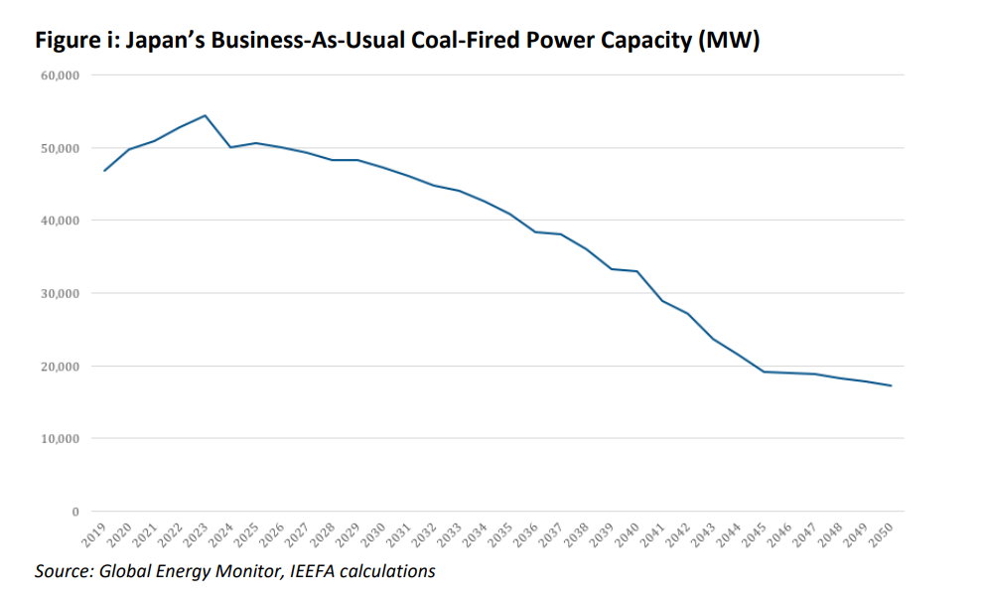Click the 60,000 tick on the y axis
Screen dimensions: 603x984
[x=63, y=75]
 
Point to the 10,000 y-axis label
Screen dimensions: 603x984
[x=63, y=439]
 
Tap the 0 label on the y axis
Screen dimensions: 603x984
[x=74, y=512]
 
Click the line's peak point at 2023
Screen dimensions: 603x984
[x=206, y=115]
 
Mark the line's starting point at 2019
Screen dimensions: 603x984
[x=104, y=171]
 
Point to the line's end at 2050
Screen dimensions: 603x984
[x=891, y=385]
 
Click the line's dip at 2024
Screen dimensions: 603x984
[x=230, y=147]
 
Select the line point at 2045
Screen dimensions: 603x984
[x=764, y=372]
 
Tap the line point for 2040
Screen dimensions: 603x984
[x=636, y=271]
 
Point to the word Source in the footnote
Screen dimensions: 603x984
[x=62, y=571]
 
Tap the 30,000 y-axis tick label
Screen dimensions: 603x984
[x=63, y=294]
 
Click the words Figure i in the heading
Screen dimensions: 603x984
[x=70, y=41]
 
